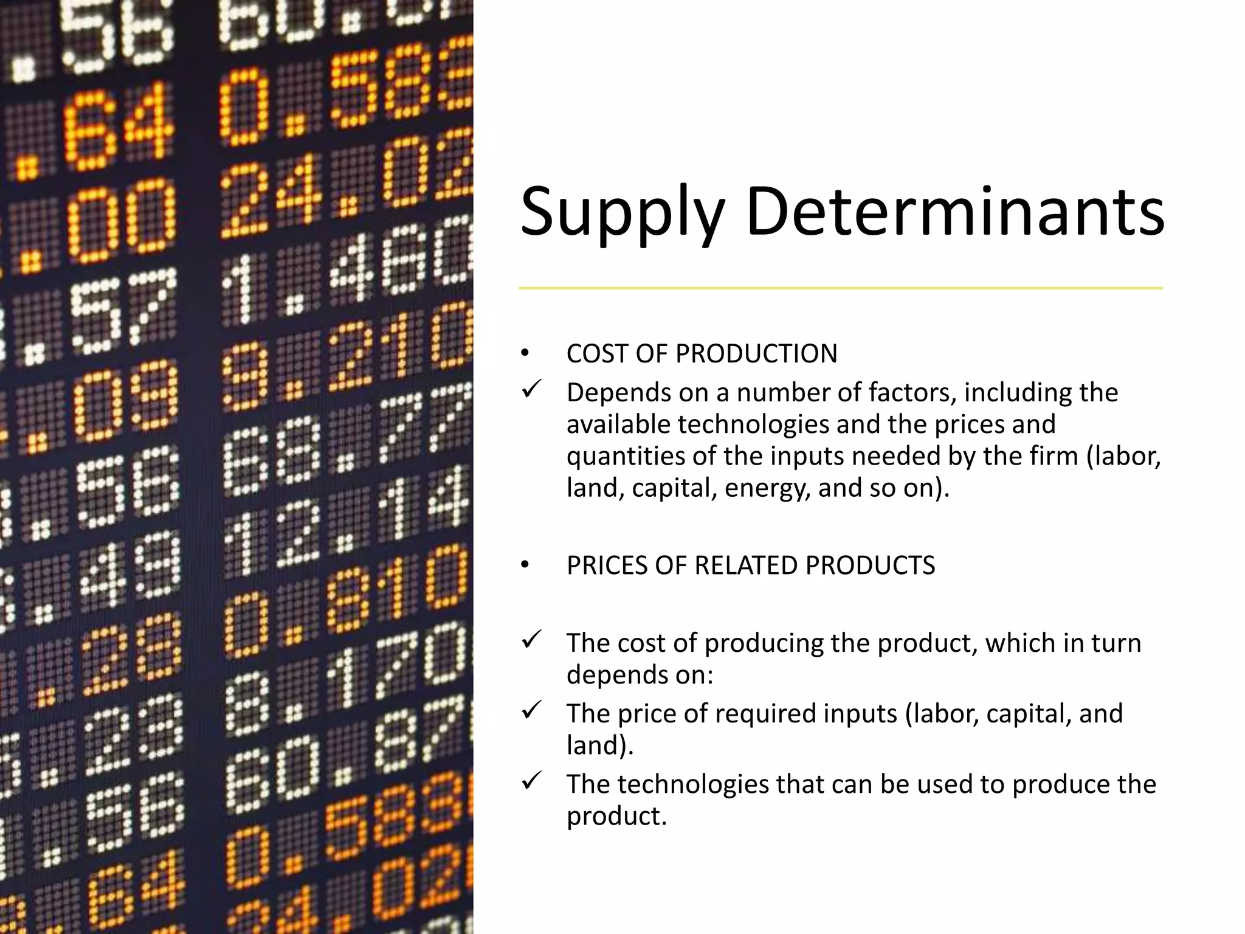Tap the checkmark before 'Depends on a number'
(x=531, y=389)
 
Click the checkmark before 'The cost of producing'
(x=531, y=640)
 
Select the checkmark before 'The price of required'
(x=531, y=710)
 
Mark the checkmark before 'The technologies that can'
(x=531, y=781)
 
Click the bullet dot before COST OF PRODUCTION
(x=525, y=354)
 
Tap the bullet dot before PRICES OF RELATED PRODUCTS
(x=525, y=566)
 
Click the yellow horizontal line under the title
(x=840, y=288)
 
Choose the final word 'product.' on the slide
(x=616, y=816)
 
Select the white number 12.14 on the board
(x=347, y=523)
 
